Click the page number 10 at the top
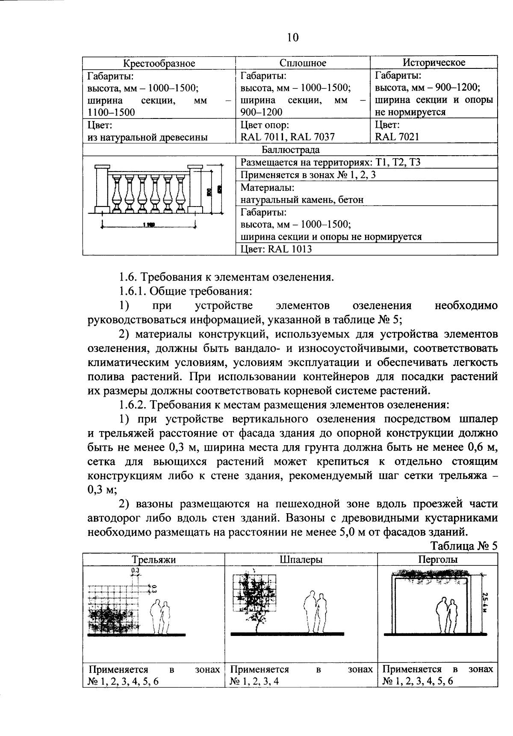point(293,38)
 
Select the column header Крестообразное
point(159,63)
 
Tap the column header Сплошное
point(303,63)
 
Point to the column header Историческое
point(434,62)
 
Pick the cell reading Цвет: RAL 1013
point(276,249)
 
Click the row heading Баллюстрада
point(290,150)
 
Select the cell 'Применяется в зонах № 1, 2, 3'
point(308,175)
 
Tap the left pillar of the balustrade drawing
point(102,189)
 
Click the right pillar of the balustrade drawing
point(195,189)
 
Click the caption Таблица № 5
point(463,546)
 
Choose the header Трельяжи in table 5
point(153,559)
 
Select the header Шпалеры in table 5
point(301,559)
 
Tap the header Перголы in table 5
point(438,559)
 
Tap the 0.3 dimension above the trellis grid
point(136,571)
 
